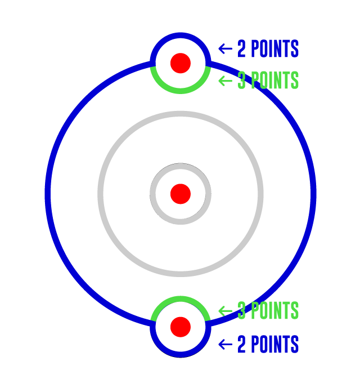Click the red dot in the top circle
coord(181,63)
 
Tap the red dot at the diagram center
coord(181,194)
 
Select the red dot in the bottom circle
coord(181,327)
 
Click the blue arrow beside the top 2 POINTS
coord(225,49)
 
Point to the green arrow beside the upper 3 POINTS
coord(225,81)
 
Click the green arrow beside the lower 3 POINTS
coord(225,311)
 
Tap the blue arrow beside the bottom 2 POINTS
coord(225,344)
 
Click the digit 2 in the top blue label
coord(241,48)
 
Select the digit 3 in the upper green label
coord(241,80)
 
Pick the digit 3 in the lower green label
coord(241,310)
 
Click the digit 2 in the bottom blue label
coord(241,344)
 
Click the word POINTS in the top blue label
coord(275,48)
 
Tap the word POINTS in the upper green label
coord(275,80)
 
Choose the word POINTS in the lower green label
coord(275,310)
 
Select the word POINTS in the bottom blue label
coord(275,344)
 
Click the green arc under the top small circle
coord(181,91)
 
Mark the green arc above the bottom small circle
coord(181,299)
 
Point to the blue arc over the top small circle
coord(181,35)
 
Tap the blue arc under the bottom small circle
coord(181,355)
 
